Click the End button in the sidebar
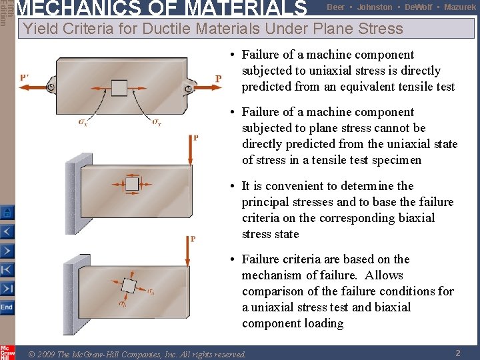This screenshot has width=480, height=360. coord(7,307)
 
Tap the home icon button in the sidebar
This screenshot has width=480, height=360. coord(7,213)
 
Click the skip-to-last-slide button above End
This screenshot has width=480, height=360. coord(7,289)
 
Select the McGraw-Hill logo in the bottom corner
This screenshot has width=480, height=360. coord(7,352)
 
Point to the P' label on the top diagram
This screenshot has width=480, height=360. coord(25,77)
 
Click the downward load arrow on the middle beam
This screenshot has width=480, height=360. coord(190,154)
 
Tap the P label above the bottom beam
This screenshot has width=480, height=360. coord(193,239)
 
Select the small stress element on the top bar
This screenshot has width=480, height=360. coord(119,88)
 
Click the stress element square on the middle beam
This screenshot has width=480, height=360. coord(132,183)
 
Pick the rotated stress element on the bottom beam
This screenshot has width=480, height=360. coord(129,286)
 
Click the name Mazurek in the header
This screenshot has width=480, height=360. coord(460,7)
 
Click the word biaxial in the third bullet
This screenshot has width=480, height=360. coord(417,218)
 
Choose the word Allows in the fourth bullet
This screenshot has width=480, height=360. coord(384,275)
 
